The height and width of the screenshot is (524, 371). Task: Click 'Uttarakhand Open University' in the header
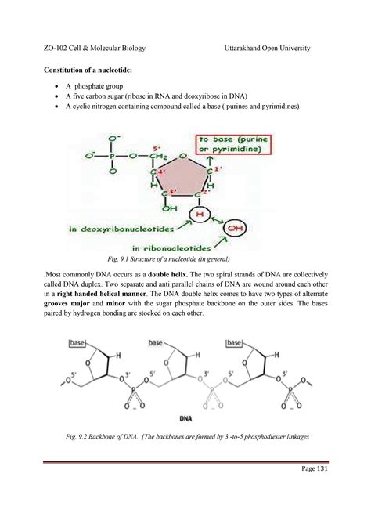click(267, 48)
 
